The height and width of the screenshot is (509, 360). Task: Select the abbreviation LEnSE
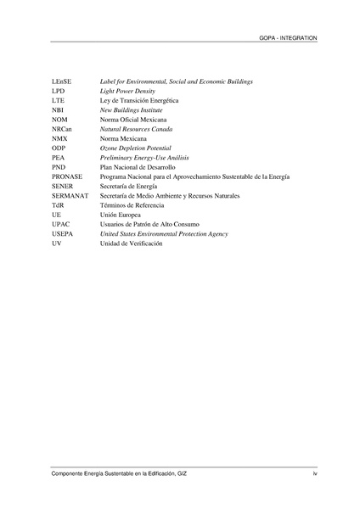[x=61, y=81]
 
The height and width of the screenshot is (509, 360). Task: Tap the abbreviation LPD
[x=58, y=90]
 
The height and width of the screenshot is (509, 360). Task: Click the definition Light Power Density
[x=129, y=90]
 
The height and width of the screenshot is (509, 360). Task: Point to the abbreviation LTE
[x=58, y=100]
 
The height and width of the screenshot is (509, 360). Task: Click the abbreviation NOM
[x=59, y=120]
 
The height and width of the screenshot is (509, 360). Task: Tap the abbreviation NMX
[x=59, y=138]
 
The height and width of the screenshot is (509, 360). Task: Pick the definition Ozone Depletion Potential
[x=136, y=148]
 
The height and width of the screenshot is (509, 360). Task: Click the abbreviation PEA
[x=58, y=158]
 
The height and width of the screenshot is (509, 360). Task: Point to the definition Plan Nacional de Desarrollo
[x=138, y=167]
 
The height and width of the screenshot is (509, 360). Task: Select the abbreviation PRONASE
[x=66, y=176]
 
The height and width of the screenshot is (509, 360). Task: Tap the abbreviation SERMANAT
[x=70, y=196]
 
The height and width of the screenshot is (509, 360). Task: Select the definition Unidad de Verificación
[x=131, y=243]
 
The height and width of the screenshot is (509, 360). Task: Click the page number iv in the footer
[x=315, y=473]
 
